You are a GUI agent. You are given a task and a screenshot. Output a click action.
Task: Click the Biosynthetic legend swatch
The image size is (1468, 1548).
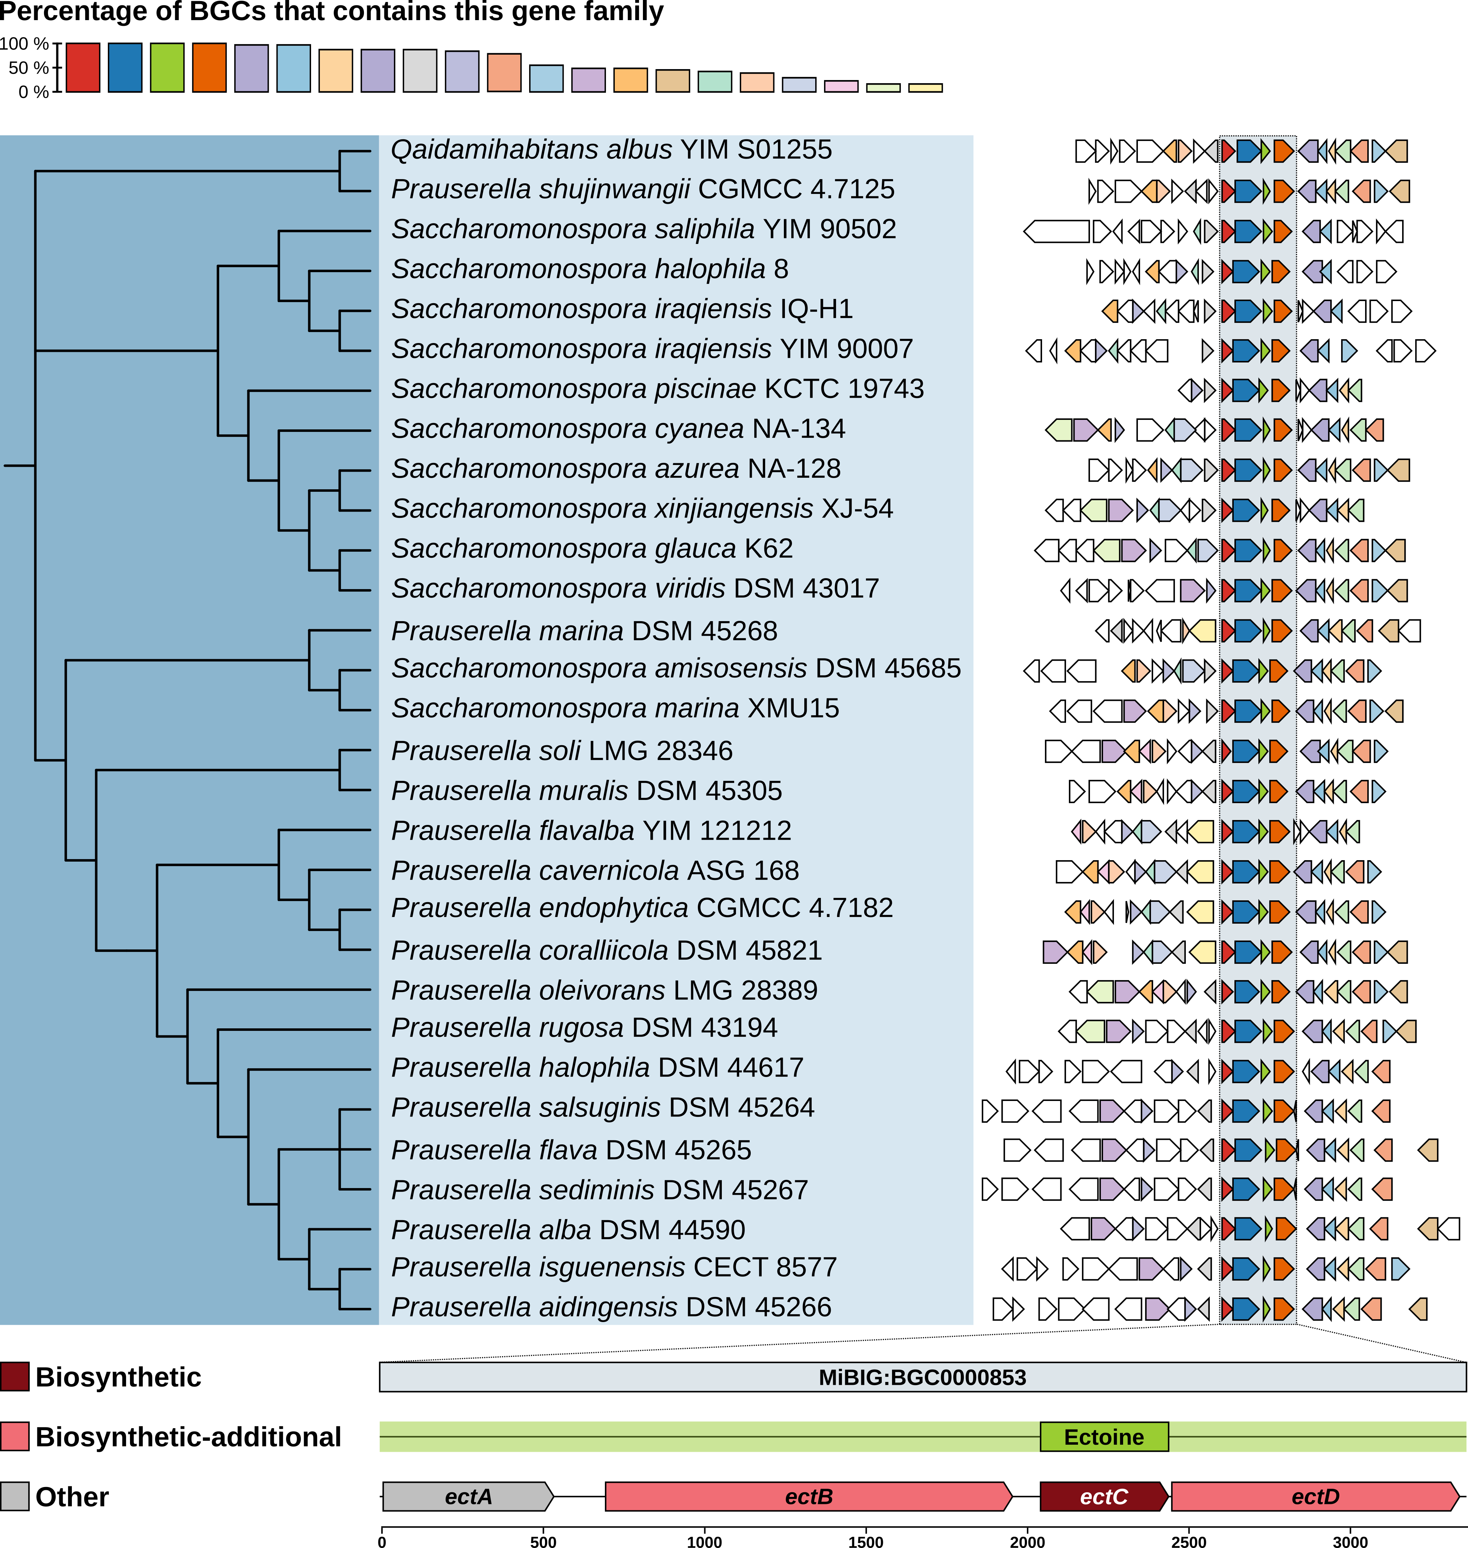15,1377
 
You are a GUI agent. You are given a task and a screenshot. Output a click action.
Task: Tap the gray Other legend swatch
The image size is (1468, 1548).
15,1496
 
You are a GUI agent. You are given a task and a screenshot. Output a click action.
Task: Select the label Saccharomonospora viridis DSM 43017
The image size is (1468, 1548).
634,588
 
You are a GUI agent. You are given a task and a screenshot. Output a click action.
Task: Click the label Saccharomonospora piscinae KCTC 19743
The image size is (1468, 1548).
657,388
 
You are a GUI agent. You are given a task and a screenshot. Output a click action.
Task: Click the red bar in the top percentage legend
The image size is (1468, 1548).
83,67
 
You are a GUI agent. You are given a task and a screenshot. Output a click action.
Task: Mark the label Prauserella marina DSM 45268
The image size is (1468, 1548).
584,630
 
